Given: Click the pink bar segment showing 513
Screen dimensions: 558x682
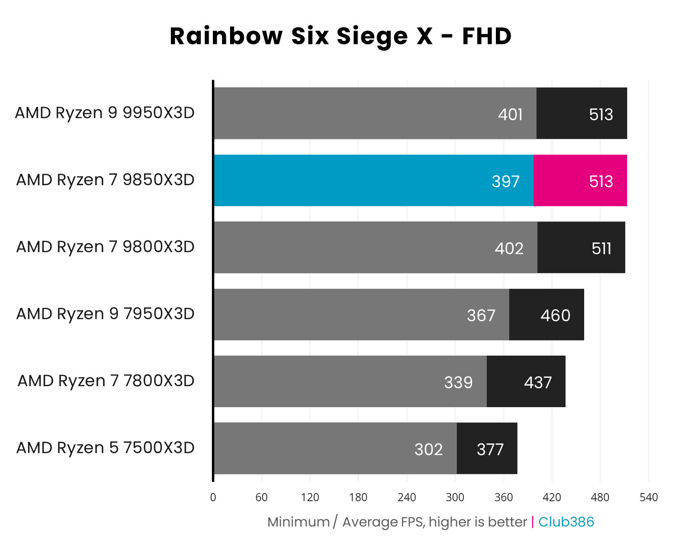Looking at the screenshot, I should [579, 180].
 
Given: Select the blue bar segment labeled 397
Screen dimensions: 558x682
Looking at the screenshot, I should [373, 180].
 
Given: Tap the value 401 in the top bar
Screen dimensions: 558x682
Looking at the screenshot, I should [510, 115].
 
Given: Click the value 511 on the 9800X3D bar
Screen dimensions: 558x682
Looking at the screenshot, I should [601, 248].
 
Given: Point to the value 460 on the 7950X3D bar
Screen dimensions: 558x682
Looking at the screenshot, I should [555, 316].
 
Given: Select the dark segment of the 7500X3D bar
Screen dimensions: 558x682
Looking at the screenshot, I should [487, 449].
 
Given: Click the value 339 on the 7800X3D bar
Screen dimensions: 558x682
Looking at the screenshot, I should [458, 382].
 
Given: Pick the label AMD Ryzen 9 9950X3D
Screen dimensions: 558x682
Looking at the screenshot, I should [105, 113].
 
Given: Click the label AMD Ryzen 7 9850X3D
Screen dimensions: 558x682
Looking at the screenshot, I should [105, 180].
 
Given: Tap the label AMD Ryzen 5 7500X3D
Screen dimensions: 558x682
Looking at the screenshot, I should [105, 448].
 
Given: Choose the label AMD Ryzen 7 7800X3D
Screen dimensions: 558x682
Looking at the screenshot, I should [106, 381].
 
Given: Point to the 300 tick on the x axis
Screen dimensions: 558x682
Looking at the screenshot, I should [455, 497].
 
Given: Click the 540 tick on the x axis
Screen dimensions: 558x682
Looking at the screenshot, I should [649, 497].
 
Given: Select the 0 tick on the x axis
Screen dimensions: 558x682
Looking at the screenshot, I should [213, 497].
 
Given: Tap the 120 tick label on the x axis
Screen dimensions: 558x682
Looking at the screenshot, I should [310, 497].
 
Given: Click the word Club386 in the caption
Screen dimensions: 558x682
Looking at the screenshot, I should [566, 522].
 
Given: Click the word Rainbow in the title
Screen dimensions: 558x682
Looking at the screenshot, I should [226, 36].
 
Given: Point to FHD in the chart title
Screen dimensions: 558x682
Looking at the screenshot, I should [487, 36].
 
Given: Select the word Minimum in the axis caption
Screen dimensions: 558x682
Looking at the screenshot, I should [298, 522].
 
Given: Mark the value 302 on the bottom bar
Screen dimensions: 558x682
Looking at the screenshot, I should [429, 449].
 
